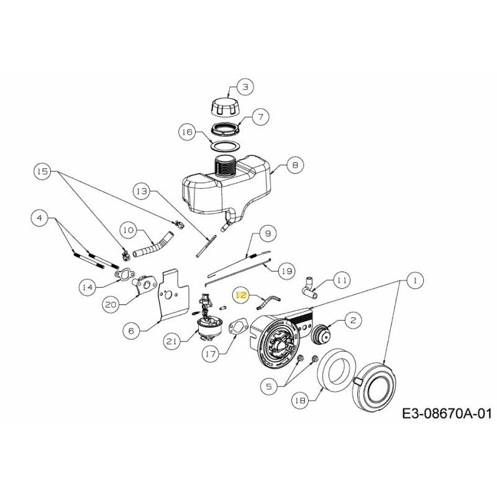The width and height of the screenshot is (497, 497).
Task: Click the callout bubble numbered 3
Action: point(245,88)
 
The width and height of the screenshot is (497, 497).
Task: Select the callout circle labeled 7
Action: point(260,116)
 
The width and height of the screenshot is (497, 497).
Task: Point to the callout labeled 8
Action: point(294,166)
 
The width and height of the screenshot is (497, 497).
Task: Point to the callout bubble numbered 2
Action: point(352,321)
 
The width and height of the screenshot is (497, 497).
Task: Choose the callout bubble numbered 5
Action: point(269,386)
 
